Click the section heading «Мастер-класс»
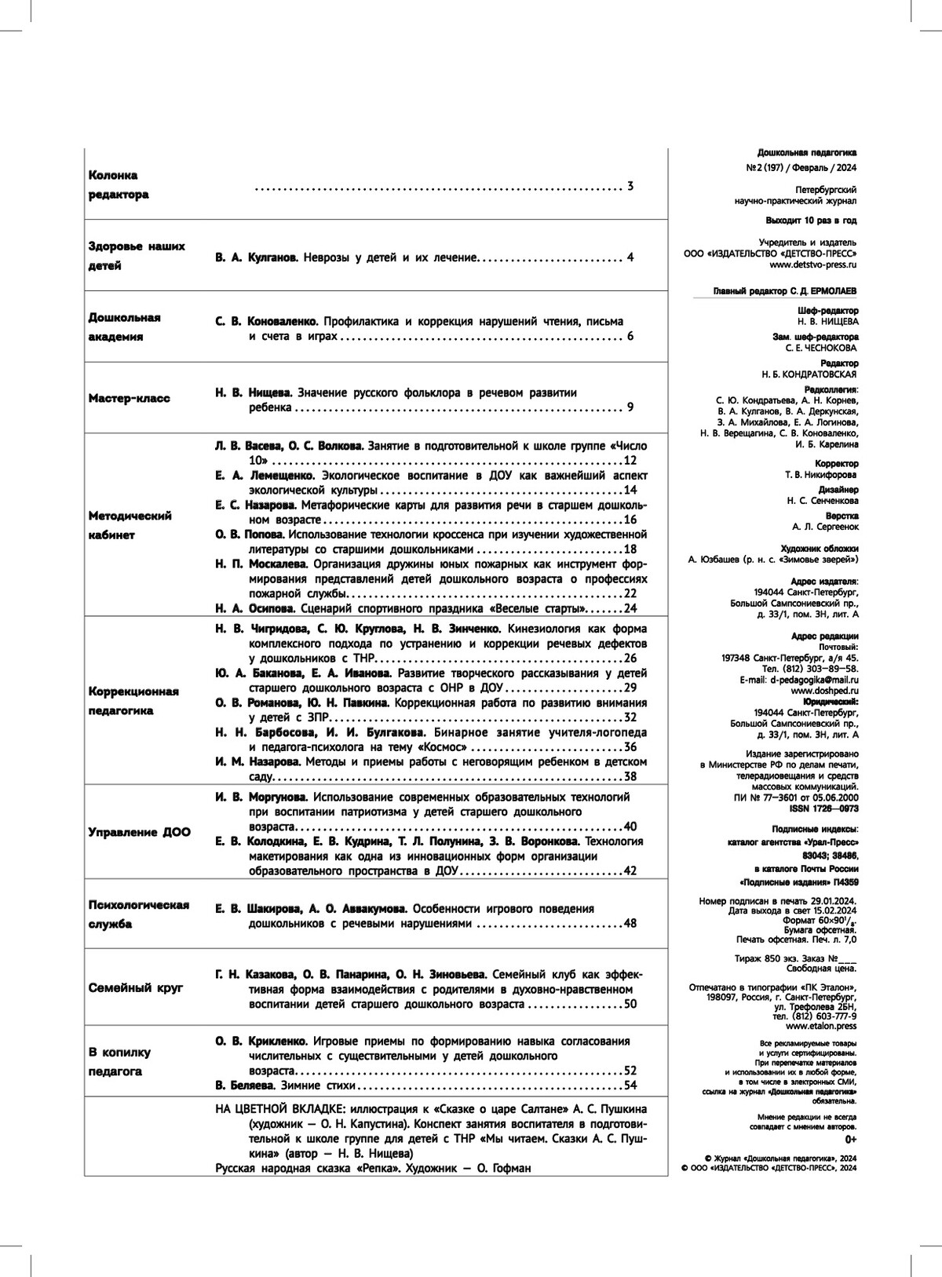[x=129, y=398]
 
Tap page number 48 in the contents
[x=630, y=924]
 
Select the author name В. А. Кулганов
[x=256, y=257]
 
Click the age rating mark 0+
[x=851, y=1138]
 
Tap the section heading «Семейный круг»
[x=136, y=987]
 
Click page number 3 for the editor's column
[x=630, y=187]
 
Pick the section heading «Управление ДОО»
[x=139, y=832]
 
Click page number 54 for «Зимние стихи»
[x=630, y=1085]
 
